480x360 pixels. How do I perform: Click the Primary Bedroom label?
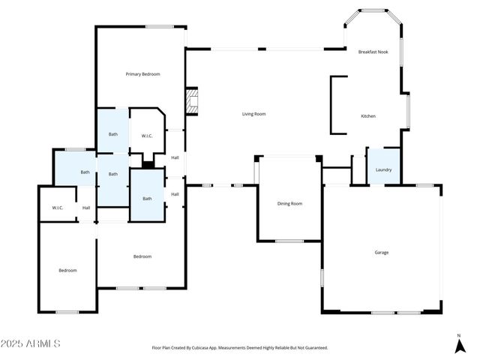pyautogui.click(x=142, y=74)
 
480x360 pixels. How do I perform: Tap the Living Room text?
pyautogui.click(x=253, y=114)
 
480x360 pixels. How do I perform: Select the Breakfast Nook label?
pyautogui.click(x=373, y=52)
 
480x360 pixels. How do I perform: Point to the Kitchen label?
pyautogui.click(x=368, y=116)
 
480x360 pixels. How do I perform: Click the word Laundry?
pyautogui.click(x=383, y=170)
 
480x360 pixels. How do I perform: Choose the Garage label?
pyautogui.click(x=382, y=252)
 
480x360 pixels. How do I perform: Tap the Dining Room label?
pyautogui.click(x=289, y=203)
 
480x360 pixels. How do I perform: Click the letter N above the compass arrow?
pyautogui.click(x=459, y=335)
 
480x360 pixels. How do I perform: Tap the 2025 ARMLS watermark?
pyautogui.click(x=31, y=343)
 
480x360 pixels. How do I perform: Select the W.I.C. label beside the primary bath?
pyautogui.click(x=147, y=136)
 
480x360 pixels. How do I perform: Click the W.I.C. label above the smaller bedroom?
pyautogui.click(x=58, y=208)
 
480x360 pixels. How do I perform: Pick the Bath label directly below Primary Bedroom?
pyautogui.click(x=112, y=134)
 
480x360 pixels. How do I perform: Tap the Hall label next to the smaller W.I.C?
pyautogui.click(x=86, y=208)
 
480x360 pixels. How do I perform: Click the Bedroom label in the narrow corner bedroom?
pyautogui.click(x=67, y=270)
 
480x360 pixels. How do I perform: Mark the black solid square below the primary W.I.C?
pyautogui.click(x=148, y=164)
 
